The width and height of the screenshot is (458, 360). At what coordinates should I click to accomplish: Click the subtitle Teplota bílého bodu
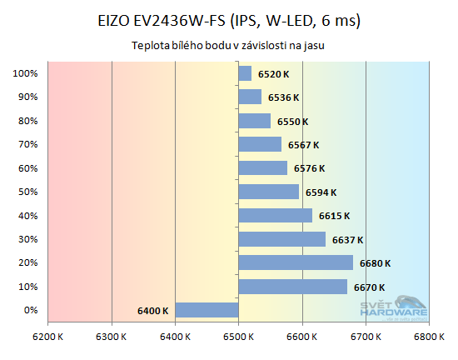[x=228, y=47]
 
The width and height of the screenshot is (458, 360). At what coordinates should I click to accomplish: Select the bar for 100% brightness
[x=245, y=73]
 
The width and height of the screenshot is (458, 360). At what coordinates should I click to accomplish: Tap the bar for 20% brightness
[x=296, y=263]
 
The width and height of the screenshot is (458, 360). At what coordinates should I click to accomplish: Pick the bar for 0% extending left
[x=207, y=310]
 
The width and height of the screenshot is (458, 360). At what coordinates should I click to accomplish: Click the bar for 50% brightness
[x=268, y=192]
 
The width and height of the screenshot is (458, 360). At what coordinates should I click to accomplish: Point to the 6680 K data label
[x=375, y=263]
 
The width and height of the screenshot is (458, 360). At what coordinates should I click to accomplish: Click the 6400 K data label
[x=153, y=311]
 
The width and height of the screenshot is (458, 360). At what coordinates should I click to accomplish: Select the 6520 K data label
[x=273, y=74]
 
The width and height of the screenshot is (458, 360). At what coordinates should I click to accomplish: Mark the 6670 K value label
[x=369, y=287]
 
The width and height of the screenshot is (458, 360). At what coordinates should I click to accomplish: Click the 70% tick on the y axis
[x=26, y=145]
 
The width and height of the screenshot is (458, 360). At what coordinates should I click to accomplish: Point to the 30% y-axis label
[x=26, y=240]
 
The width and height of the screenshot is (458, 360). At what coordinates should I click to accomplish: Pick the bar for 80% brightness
[x=254, y=121]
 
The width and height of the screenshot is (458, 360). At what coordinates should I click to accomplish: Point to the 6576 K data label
[x=309, y=168]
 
